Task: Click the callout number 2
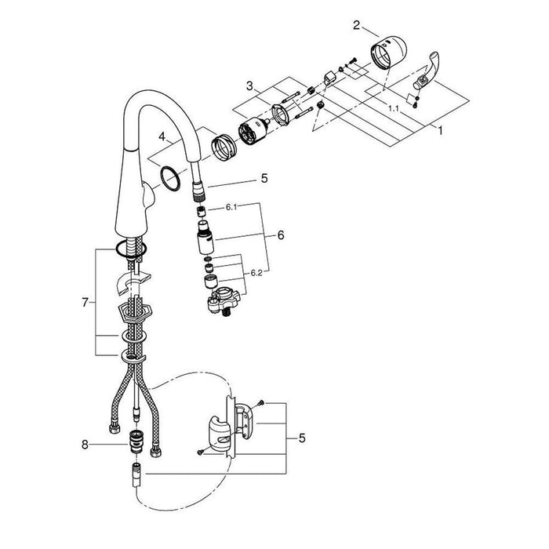tap(356, 26)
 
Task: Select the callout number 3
tap(249, 85)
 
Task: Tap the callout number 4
tap(162, 136)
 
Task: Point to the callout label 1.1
tap(394, 108)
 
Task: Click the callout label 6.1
tap(231, 207)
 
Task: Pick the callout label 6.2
tap(256, 273)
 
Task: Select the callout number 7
tap(85, 302)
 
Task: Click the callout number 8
tap(85, 445)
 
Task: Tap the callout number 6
tap(281, 235)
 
